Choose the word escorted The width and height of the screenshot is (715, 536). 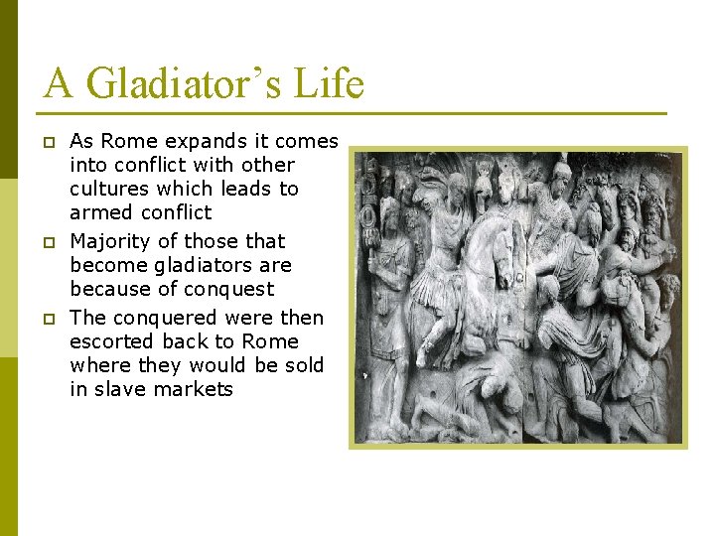(109, 341)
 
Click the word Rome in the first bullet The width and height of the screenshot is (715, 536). (127, 142)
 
